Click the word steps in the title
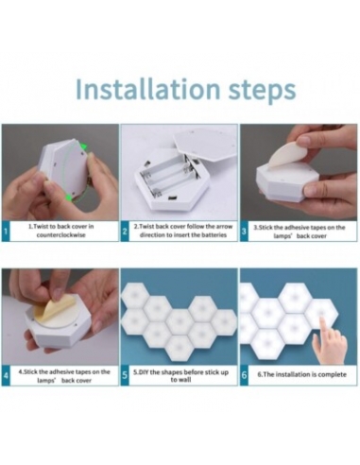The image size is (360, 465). (x=262, y=91)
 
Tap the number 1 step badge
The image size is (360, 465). (x=6, y=232)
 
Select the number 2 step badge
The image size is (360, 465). (x=125, y=232)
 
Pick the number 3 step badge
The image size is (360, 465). (x=244, y=232)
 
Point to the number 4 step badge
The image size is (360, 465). (x=6, y=375)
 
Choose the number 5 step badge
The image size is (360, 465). (x=125, y=375)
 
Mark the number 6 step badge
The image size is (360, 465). (x=244, y=375)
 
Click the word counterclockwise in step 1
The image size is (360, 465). (x=60, y=235)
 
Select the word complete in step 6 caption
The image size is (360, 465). (x=332, y=374)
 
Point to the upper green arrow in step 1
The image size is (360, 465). (x=83, y=146)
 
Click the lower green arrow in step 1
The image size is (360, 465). (x=68, y=198)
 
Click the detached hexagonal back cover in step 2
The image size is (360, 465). (x=204, y=143)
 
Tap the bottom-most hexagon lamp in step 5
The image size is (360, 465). (x=180, y=348)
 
